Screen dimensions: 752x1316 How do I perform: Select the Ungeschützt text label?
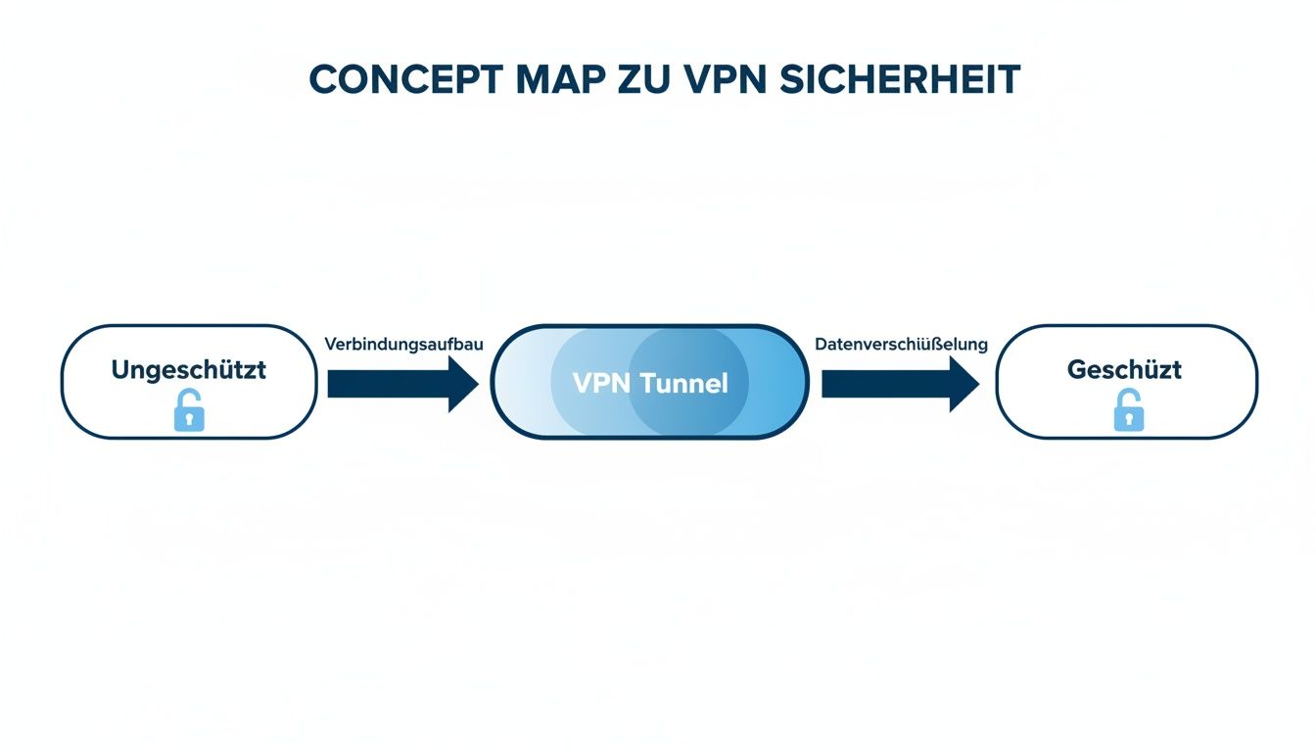coord(188,370)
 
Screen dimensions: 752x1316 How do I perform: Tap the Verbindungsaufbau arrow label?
coord(403,345)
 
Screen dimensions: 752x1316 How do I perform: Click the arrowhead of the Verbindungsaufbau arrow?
coord(462,384)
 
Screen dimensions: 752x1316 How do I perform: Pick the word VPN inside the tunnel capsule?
coord(601,383)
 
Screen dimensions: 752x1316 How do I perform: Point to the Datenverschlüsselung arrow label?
coord(901,345)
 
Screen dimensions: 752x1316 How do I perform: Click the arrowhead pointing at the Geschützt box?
coord(962,384)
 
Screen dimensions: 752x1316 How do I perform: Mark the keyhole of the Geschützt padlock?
coord(1129,419)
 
